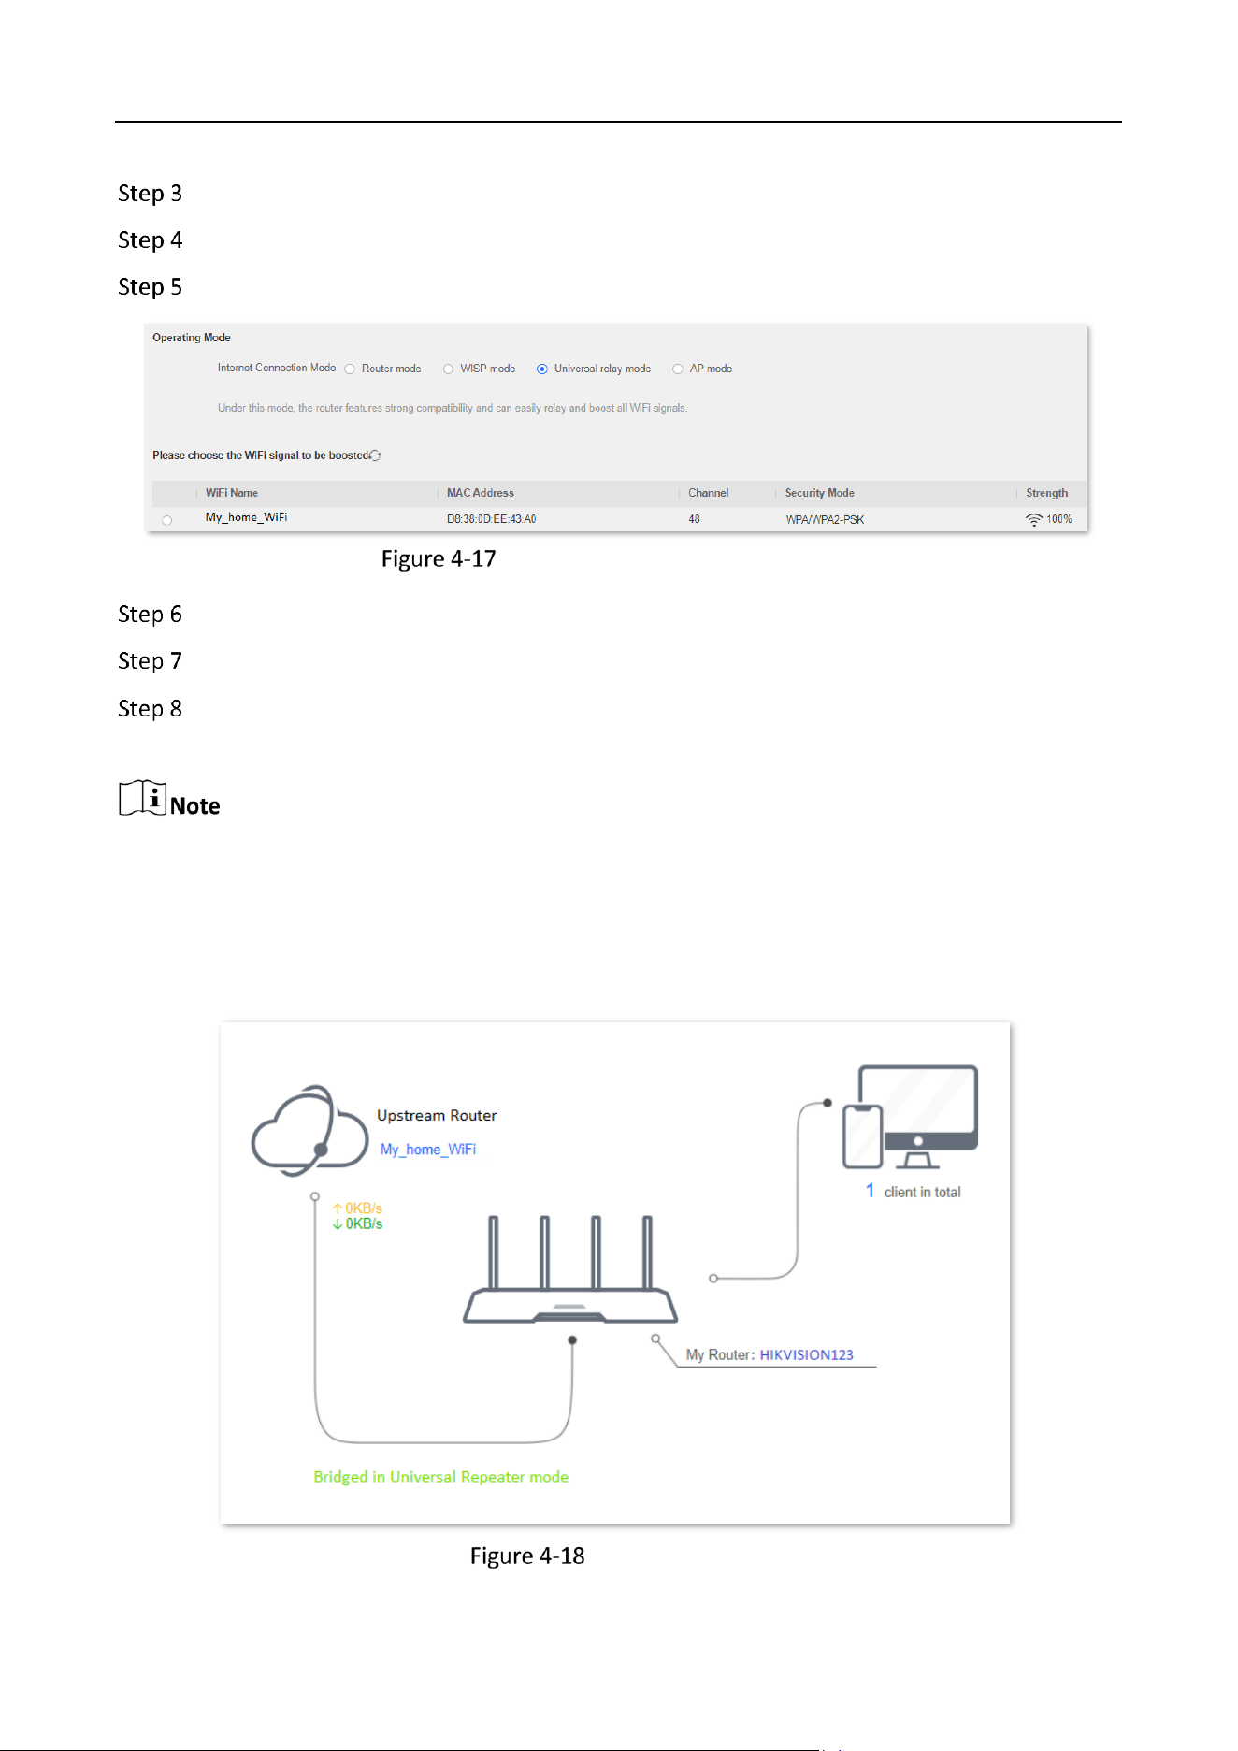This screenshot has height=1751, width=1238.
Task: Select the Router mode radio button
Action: pyautogui.click(x=350, y=369)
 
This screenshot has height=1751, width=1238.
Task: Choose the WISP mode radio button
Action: pyautogui.click(x=449, y=369)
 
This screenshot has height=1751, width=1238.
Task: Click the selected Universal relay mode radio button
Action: pyautogui.click(x=542, y=369)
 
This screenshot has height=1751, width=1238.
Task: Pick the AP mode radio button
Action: pyautogui.click(x=678, y=369)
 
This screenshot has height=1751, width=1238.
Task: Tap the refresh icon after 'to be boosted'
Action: pyautogui.click(x=376, y=456)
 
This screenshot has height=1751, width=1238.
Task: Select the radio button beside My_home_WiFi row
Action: pyautogui.click(x=167, y=520)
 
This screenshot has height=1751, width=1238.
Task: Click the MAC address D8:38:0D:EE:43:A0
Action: pyautogui.click(x=491, y=519)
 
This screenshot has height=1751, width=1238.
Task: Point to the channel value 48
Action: pyautogui.click(x=695, y=519)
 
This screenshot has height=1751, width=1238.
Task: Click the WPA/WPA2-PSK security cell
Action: pyautogui.click(x=825, y=519)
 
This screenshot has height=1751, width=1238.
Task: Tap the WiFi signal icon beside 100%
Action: pyautogui.click(x=1034, y=519)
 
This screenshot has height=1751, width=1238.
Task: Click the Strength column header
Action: pyautogui.click(x=1047, y=493)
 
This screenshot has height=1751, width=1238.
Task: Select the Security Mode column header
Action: pyautogui.click(x=820, y=493)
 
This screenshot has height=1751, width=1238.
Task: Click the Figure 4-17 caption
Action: pyautogui.click(x=439, y=559)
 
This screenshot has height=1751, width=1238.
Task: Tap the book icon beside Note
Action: pyautogui.click(x=143, y=798)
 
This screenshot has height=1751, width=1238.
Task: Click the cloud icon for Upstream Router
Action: pyautogui.click(x=309, y=1130)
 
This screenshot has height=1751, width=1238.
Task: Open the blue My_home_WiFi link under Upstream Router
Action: pyautogui.click(x=428, y=1150)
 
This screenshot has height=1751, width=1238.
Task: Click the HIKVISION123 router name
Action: pyautogui.click(x=807, y=1354)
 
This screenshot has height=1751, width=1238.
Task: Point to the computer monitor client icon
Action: pyautogui.click(x=918, y=1116)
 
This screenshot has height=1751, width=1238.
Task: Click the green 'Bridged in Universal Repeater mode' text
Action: pyautogui.click(x=441, y=1477)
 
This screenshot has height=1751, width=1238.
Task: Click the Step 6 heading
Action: pyautogui.click(x=150, y=615)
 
